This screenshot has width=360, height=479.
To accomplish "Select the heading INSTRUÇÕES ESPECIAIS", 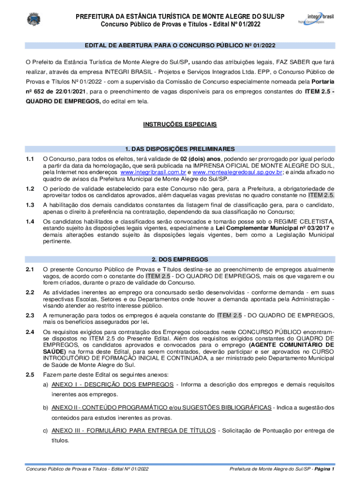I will coord(180,125).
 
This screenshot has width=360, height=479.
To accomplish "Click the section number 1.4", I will coord(30,221).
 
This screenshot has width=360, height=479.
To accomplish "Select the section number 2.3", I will coord(30,315).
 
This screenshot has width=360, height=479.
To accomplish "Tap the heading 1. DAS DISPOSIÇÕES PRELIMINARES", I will coord(180,149).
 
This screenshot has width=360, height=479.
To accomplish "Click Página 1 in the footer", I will coord(324,468).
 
